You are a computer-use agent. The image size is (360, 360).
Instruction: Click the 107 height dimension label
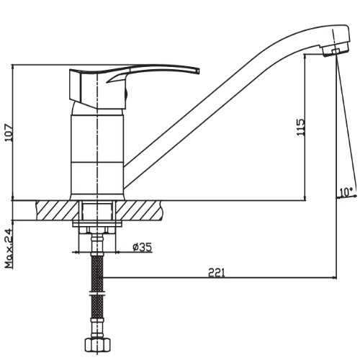click(x=9, y=132)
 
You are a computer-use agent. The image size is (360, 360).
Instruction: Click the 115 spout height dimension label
click(x=301, y=127)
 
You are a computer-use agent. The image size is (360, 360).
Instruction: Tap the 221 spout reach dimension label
click(x=217, y=273)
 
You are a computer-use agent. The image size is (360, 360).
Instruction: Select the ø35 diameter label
click(x=143, y=247)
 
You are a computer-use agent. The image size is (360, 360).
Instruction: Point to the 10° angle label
click(x=346, y=192)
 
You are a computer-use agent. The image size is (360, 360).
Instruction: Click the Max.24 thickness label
click(x=9, y=248)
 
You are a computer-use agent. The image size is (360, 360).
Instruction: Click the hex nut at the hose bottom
click(x=97, y=345)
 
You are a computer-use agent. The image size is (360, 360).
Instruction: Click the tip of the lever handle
click(x=199, y=71)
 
